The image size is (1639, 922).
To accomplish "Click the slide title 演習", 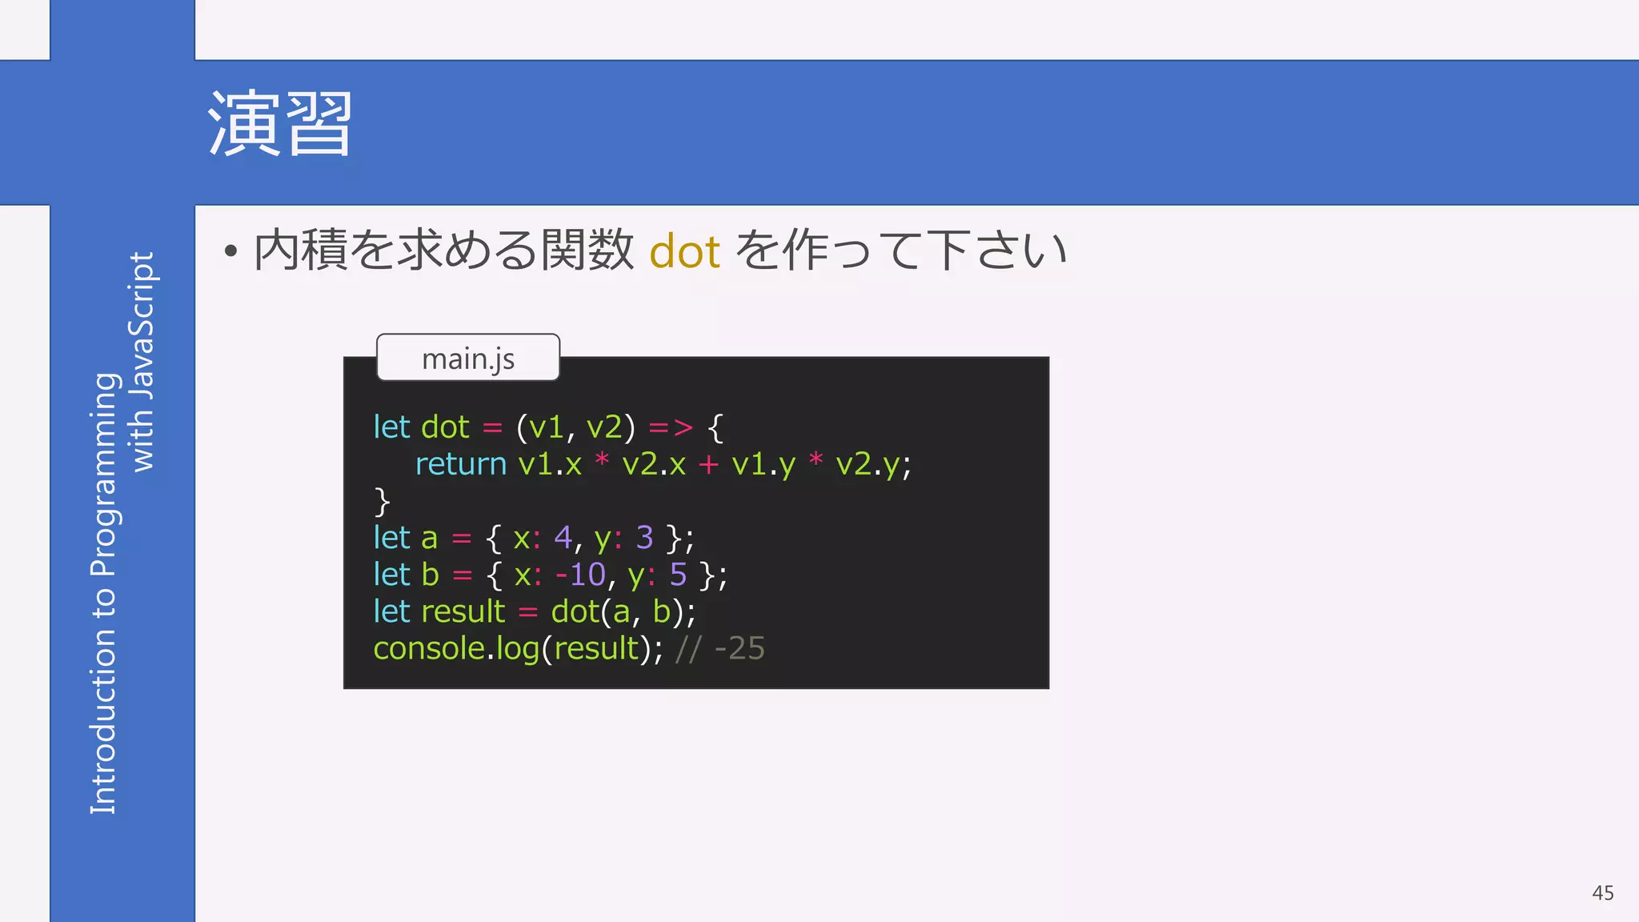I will pos(279,124).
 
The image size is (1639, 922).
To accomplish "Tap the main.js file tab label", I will pos(468,359).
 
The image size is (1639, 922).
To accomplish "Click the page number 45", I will pos(1602,893).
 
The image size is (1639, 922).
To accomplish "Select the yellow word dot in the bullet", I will pos(684,251).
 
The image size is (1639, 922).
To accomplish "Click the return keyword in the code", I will pos(460,464).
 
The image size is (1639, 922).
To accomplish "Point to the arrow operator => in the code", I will pos(671,427).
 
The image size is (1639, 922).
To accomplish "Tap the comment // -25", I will pos(719,648).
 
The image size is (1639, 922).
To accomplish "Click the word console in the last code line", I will pos(428,648).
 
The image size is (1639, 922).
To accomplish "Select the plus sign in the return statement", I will pos(708,465).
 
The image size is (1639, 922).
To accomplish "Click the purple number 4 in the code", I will pos(563,538).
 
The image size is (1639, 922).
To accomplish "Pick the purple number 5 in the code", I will pos(678,575).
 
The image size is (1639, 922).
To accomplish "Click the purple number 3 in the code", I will pos(644,538).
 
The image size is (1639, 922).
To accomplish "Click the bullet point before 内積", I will pos(231,252).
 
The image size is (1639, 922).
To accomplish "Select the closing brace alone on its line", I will pos(382,502).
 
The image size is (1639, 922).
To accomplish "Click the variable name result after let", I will pos(463,611).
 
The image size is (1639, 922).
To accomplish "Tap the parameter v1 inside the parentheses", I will pos(547,427).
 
